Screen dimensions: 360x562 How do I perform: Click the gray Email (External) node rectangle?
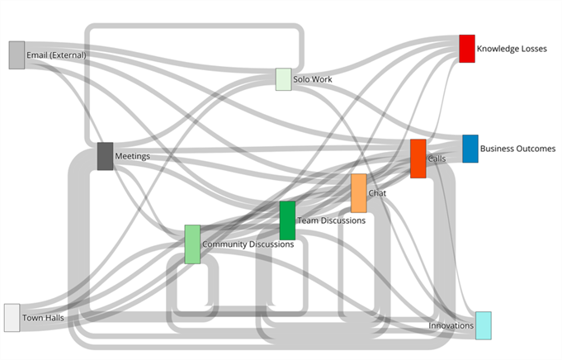(17, 54)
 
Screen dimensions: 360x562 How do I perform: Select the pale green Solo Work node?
(283, 79)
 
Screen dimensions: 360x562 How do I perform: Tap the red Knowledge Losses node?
(466, 48)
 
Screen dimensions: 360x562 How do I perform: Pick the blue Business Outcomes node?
(470, 149)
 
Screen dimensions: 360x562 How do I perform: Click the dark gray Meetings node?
(105, 156)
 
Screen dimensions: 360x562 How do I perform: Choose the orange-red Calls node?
(418, 159)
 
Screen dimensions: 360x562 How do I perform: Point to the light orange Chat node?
(358, 193)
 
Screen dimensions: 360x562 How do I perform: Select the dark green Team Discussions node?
(287, 220)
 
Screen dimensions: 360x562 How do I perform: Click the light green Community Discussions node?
(192, 244)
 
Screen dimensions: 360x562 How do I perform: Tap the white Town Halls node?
(12, 317)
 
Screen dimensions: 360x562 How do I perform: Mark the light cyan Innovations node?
(483, 325)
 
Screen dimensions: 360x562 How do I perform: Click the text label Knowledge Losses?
(511, 49)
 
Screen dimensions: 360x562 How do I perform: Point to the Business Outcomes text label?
(517, 149)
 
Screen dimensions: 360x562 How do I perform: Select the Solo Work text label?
(312, 79)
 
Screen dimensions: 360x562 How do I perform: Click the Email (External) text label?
(56, 55)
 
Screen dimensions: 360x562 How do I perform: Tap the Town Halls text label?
(43, 317)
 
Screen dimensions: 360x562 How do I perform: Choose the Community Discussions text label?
(248, 244)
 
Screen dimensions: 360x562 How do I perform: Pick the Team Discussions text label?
(331, 220)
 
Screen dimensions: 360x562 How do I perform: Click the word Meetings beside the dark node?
(132, 155)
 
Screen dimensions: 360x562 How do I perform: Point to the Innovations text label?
(451, 326)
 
